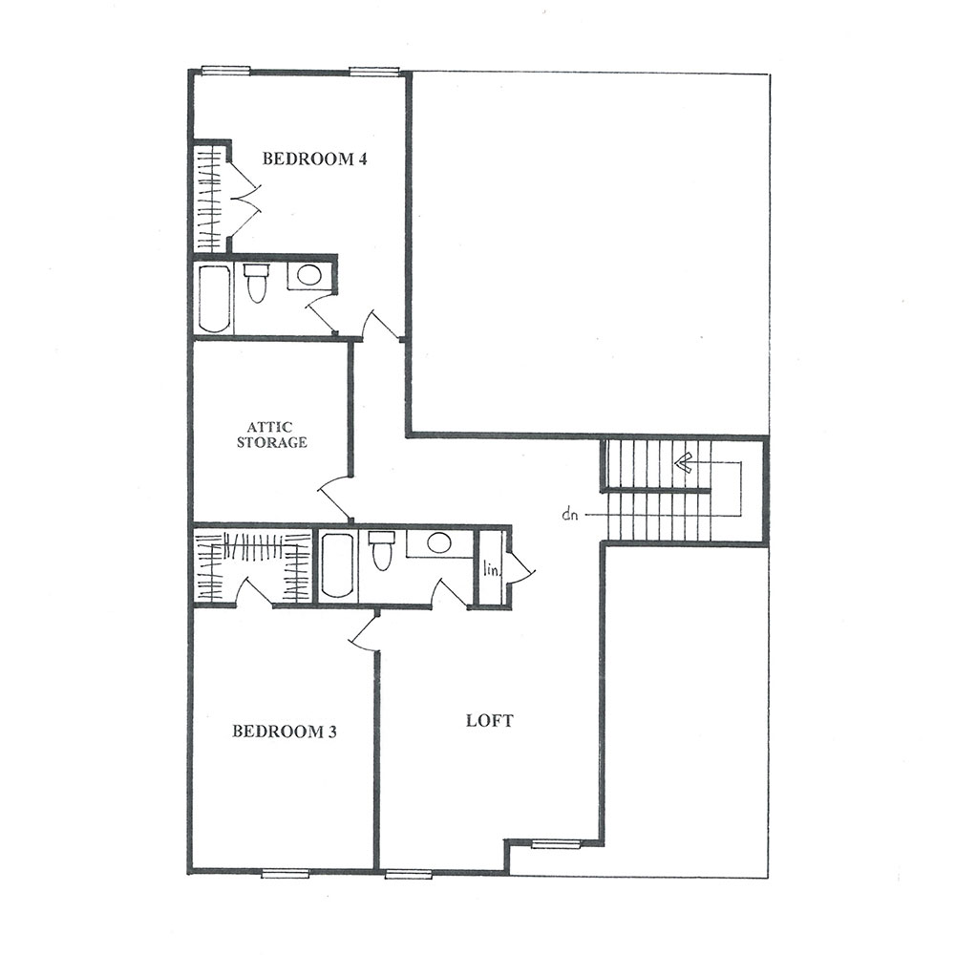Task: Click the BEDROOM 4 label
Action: [314, 159]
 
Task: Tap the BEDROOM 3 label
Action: [285, 731]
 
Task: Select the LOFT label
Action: [490, 720]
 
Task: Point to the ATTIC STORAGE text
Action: [271, 435]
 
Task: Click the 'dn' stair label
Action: [570, 515]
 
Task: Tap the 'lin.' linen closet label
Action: [490, 570]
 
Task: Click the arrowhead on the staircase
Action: [682, 463]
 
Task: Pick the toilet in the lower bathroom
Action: [381, 551]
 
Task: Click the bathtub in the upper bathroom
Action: [213, 298]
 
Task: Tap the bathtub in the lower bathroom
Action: [337, 565]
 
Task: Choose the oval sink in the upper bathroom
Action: [308, 275]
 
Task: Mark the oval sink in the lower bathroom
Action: [438, 542]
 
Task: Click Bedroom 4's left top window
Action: [225, 71]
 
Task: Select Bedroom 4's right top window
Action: [374, 71]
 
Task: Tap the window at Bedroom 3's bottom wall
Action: [285, 874]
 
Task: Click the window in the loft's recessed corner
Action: [556, 843]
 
